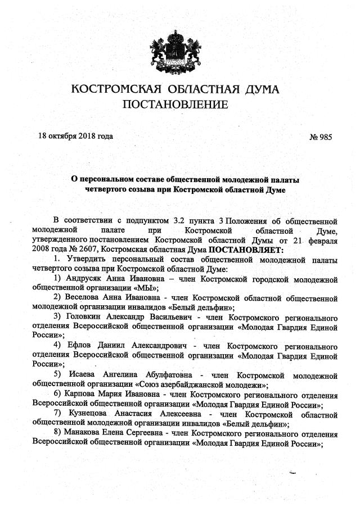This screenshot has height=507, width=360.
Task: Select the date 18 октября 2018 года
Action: (75, 137)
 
